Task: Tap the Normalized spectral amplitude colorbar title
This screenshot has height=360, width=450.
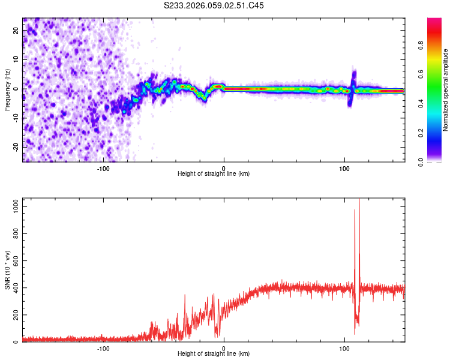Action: [x=446, y=90]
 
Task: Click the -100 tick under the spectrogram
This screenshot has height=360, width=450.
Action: [x=103, y=167]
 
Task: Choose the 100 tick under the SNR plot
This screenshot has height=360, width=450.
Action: [x=344, y=348]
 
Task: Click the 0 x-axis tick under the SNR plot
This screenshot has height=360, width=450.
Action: [x=224, y=348]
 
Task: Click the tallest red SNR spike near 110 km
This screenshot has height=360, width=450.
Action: [x=359, y=201]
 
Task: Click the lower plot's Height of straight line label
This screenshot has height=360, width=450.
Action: [x=214, y=354]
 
